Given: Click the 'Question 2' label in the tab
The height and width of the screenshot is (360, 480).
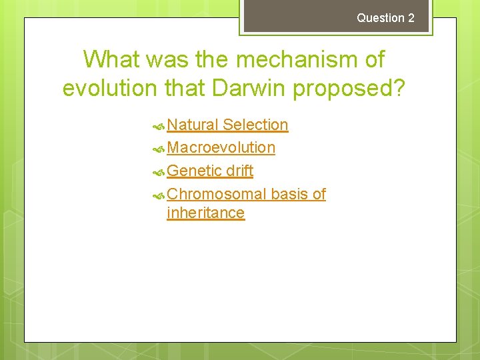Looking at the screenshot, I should (385, 18).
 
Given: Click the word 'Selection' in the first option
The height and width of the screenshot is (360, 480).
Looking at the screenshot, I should (255, 125).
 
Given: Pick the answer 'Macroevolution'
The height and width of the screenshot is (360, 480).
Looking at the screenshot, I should (221, 147).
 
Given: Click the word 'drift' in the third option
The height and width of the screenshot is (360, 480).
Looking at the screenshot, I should (239, 171).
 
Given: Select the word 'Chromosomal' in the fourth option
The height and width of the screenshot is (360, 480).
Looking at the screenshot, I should (217, 194).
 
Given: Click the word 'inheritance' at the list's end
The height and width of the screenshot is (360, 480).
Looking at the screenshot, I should (206, 213).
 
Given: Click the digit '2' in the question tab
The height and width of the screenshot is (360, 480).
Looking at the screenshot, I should (411, 18).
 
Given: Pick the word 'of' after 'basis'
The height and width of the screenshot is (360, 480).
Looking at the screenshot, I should (319, 194).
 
